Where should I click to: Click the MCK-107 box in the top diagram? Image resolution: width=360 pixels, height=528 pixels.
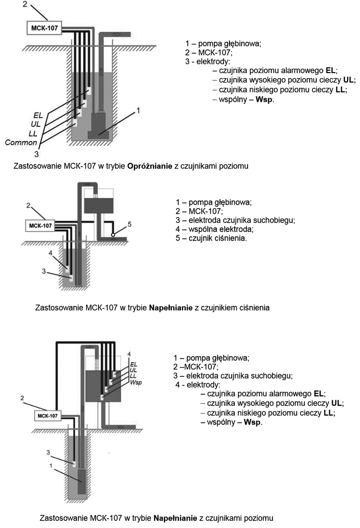click(x=44, y=28)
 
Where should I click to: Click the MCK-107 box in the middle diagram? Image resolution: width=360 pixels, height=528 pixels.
click(x=40, y=226)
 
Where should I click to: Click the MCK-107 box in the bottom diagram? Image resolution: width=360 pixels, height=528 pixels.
click(x=47, y=416)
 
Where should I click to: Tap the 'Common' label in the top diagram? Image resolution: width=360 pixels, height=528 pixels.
click(x=21, y=142)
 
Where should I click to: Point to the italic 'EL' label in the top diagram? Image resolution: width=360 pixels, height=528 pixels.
click(x=38, y=116)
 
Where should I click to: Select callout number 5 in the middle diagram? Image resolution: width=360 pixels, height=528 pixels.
click(x=129, y=224)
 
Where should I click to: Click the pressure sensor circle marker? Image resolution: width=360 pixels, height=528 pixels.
click(x=113, y=234)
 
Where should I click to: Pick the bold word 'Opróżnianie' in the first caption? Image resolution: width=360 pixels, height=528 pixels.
click(x=150, y=166)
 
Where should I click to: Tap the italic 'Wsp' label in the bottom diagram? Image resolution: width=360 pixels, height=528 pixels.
click(x=136, y=383)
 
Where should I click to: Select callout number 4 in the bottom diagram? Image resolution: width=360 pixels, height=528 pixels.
click(x=129, y=354)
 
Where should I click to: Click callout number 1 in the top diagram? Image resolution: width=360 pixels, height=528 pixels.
click(x=138, y=110)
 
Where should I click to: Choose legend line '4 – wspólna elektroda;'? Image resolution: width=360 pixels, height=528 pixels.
click(x=215, y=229)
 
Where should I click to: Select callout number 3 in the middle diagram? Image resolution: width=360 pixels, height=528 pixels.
click(x=44, y=271)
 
